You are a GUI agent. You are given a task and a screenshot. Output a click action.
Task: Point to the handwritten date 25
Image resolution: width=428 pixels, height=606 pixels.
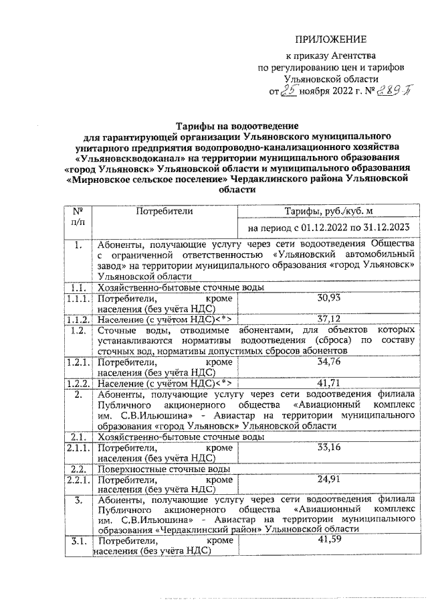pyautogui.click(x=289, y=92)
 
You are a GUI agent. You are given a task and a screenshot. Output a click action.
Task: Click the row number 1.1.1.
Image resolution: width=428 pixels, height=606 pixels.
pyautogui.click(x=79, y=298)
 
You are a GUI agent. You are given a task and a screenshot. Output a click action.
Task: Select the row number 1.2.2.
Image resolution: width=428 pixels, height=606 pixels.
pyautogui.click(x=79, y=384)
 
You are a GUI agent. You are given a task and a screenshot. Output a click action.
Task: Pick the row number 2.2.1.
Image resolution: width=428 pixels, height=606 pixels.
pyautogui.click(x=79, y=481)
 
